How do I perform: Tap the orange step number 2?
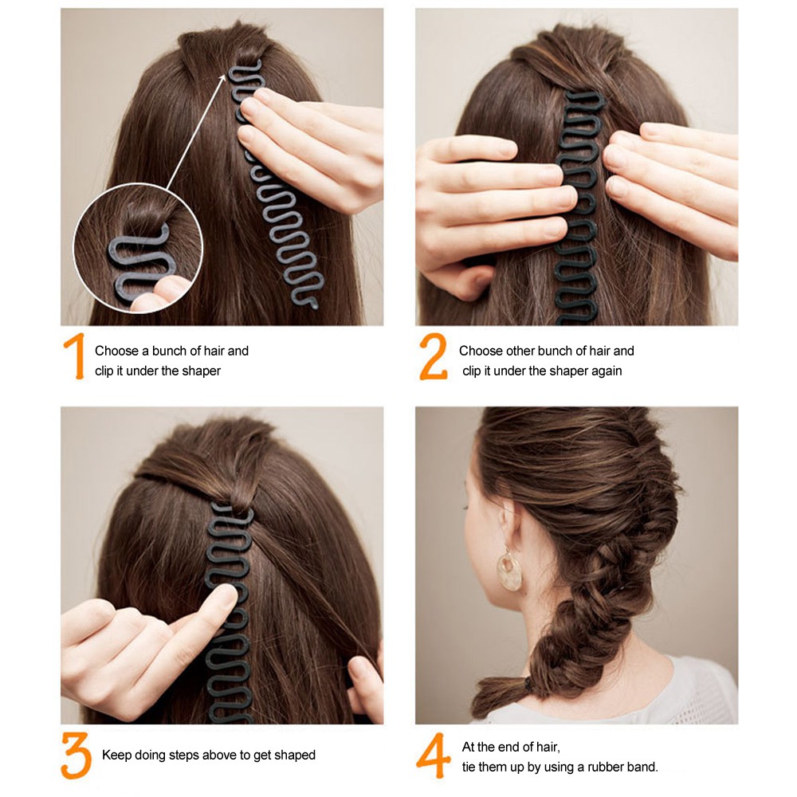click(x=433, y=356)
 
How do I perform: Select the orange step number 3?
click(x=77, y=756)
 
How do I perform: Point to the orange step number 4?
click(x=433, y=756)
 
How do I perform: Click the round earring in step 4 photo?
click(x=509, y=571)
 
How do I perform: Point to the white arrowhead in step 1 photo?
click(x=222, y=78)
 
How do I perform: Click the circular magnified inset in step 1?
click(x=138, y=248)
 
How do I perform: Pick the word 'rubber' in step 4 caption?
click(x=607, y=767)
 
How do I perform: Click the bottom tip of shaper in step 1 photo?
click(x=313, y=306)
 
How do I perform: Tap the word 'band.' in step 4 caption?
click(x=643, y=767)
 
